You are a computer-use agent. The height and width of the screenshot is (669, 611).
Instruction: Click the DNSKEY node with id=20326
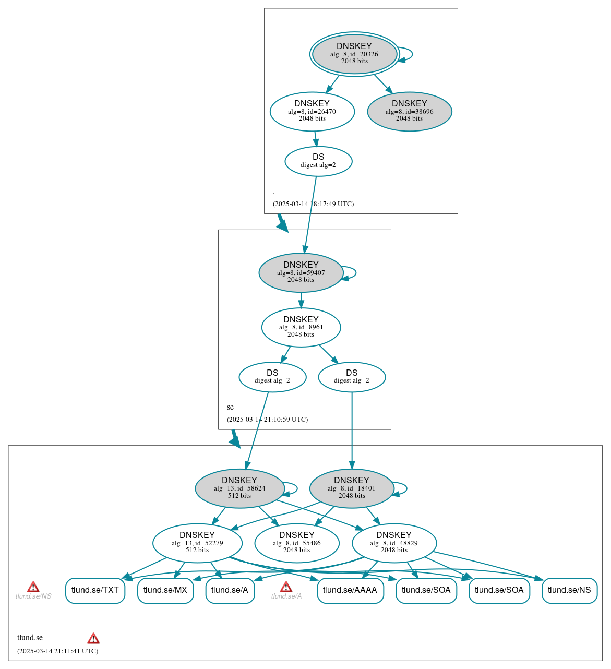(354, 54)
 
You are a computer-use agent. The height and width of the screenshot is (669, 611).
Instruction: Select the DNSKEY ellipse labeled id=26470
(312, 111)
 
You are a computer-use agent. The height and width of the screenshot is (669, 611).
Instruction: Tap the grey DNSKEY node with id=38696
(410, 111)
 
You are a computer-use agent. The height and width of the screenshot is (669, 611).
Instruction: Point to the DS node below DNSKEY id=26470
(318, 161)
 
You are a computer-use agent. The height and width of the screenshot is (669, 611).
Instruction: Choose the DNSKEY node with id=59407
(301, 272)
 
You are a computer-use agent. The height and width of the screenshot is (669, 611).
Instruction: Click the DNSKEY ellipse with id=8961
(301, 327)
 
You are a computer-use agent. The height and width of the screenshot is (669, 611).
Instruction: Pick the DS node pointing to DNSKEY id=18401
(352, 377)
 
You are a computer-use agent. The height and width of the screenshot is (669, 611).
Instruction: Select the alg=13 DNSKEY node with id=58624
(239, 488)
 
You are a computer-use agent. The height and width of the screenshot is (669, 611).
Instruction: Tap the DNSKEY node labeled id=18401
(352, 488)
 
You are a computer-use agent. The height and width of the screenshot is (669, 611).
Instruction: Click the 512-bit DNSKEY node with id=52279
(197, 543)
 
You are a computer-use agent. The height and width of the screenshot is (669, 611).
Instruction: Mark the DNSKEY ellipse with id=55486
(297, 543)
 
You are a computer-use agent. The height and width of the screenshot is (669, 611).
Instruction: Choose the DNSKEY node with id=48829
(394, 543)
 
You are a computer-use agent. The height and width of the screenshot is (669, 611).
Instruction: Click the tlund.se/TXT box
(95, 590)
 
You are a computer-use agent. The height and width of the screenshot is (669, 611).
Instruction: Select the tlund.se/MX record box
(165, 590)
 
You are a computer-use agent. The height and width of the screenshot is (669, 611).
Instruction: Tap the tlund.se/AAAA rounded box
(350, 590)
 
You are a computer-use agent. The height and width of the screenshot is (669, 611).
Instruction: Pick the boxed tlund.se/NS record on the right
(569, 590)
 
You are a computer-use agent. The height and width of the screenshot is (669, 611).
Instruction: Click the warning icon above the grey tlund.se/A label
(286, 587)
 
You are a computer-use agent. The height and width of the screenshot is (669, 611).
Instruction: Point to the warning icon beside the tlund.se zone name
(93, 638)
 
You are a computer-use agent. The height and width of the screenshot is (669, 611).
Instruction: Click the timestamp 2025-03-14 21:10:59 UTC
(267, 419)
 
